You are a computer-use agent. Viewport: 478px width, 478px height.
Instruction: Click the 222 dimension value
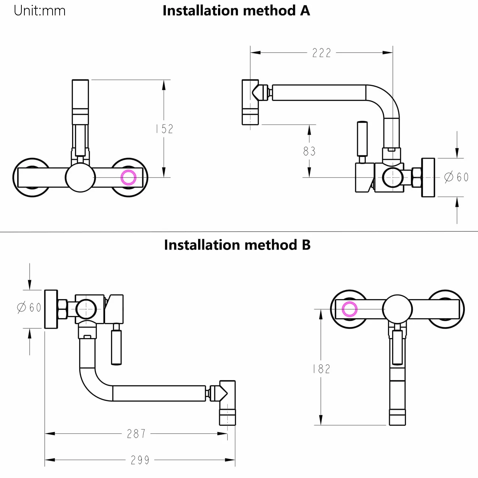click(x=322, y=53)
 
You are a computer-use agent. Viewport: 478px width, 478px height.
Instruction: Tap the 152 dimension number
click(x=164, y=129)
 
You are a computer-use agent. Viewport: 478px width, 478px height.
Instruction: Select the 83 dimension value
click(x=309, y=151)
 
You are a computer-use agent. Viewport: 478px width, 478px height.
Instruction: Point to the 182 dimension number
click(x=322, y=369)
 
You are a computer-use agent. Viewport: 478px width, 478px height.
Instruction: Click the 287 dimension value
click(x=136, y=434)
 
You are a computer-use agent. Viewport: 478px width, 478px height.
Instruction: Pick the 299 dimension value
click(x=140, y=460)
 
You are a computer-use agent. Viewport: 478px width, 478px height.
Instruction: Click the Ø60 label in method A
click(x=456, y=177)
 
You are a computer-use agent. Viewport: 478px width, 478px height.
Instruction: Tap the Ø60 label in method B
click(x=29, y=308)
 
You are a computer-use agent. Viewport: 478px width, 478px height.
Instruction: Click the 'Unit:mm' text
click(x=40, y=11)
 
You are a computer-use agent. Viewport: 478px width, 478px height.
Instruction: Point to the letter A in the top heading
click(x=305, y=11)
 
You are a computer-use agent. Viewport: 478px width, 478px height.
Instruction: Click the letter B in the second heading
click(x=306, y=245)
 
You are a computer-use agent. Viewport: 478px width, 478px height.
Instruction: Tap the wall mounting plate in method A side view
click(x=428, y=177)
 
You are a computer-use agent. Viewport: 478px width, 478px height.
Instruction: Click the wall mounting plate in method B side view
click(x=51, y=309)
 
